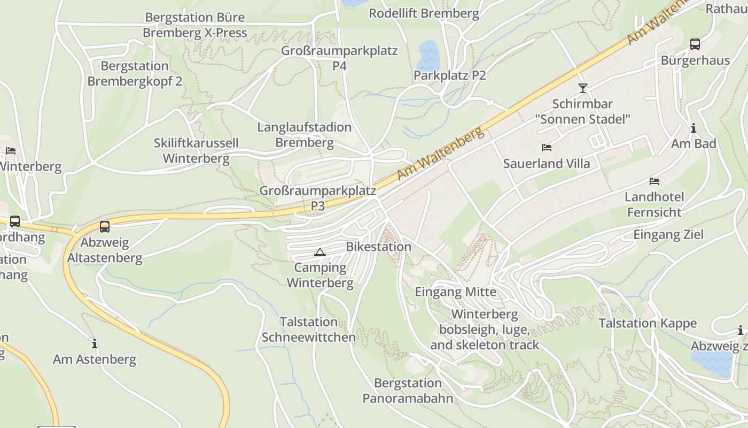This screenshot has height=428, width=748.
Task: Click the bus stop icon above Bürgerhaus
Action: [x=695, y=44]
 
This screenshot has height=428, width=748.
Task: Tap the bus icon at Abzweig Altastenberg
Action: [x=105, y=227]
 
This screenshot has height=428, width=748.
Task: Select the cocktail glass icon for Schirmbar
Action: [x=582, y=88]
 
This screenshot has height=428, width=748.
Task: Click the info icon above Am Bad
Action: [x=694, y=128]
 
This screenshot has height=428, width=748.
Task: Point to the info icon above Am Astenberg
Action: [x=95, y=343]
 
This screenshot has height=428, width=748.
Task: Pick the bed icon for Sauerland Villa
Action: [x=546, y=148]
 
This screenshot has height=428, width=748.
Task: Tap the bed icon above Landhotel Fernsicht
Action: [x=654, y=181]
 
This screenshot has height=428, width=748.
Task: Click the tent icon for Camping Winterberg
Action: [x=320, y=253]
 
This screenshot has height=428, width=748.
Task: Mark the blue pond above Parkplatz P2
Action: [x=429, y=52]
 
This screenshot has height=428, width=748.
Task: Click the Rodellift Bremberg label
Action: [x=424, y=13]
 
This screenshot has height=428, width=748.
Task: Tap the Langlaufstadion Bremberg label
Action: [x=305, y=135]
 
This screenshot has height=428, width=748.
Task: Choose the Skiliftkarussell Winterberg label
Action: [x=196, y=151]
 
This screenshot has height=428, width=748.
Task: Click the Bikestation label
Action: [x=379, y=247]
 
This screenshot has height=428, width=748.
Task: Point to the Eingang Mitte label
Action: [x=456, y=292]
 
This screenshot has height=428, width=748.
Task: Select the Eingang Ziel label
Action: [x=668, y=234]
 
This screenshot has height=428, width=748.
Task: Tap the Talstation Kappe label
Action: [x=648, y=323]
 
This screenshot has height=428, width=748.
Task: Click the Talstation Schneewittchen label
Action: [x=308, y=330]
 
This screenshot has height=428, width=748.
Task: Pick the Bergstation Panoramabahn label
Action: [x=408, y=391]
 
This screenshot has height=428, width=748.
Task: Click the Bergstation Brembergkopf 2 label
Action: [x=135, y=74]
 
